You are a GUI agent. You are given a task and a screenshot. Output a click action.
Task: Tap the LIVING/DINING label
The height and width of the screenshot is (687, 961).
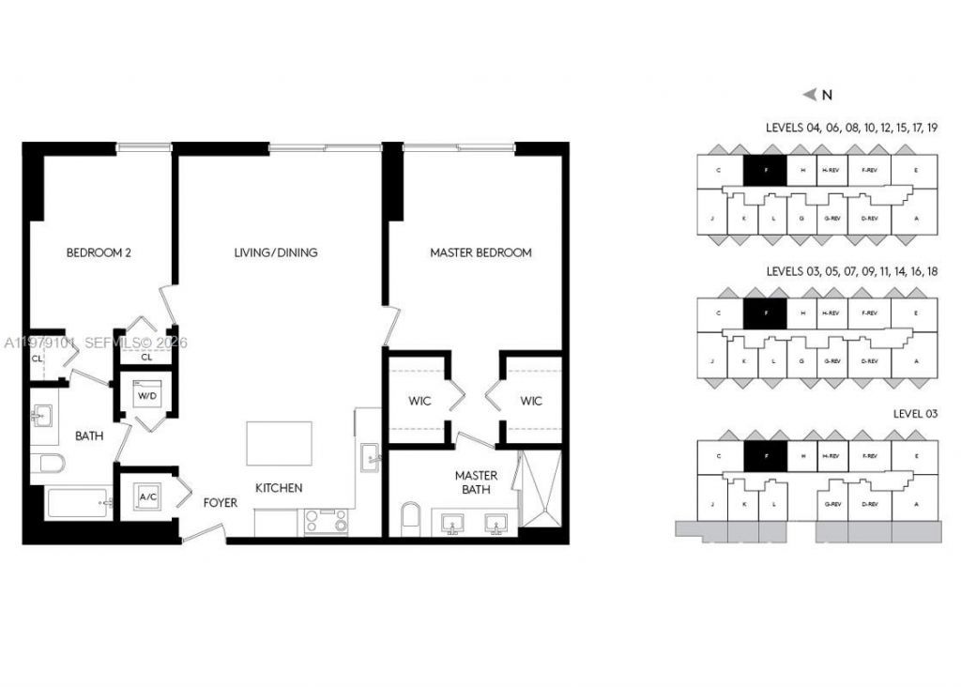276,252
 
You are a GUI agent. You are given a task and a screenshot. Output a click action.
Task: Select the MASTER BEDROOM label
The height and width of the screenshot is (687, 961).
480,252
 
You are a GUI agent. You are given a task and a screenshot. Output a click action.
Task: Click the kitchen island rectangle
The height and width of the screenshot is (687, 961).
279,443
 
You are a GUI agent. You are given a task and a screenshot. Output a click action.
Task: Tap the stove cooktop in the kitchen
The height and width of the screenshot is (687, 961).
326,522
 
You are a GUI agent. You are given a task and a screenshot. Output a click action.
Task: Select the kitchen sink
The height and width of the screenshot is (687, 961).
369,459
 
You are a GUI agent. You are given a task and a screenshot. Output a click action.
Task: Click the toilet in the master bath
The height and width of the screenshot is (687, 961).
411,518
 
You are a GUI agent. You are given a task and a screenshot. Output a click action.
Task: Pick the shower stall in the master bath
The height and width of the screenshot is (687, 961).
541,488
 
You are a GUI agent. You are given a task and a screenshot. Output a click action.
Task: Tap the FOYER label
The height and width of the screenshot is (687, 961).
221,503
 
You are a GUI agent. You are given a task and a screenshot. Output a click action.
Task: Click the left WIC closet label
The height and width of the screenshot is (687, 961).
419,402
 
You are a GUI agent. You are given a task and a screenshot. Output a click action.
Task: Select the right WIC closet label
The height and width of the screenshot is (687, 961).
531,402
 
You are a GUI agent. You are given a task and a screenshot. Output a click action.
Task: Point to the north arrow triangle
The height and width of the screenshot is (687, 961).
810,94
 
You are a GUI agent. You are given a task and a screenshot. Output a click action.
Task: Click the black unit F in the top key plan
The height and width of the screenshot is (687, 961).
765,170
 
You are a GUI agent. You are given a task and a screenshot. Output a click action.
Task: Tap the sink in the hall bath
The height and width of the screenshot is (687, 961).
42,416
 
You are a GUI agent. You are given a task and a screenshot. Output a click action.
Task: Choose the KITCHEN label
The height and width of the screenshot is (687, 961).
280,488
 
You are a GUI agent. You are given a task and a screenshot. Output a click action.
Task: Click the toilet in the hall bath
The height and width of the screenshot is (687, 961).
47,464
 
